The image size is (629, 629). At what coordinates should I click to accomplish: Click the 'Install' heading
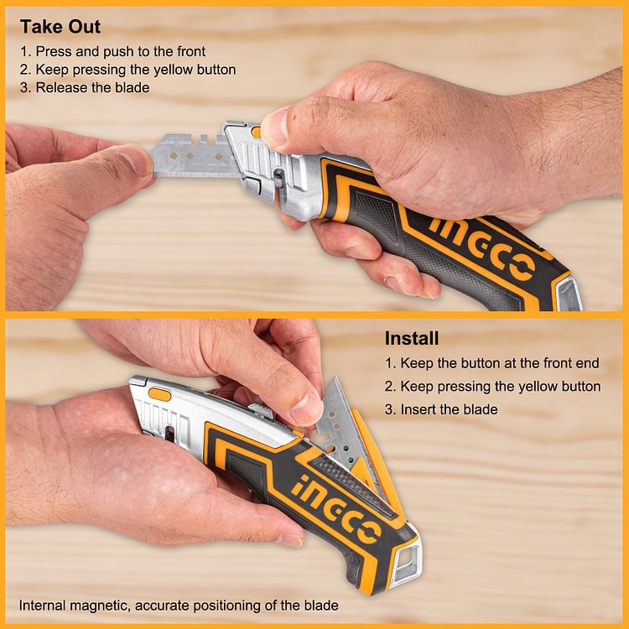click(411, 339)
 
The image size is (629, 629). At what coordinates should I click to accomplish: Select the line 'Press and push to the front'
click(114, 50)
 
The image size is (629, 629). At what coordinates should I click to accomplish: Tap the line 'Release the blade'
click(85, 87)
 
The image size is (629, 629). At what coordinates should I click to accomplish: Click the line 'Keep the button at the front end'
click(492, 363)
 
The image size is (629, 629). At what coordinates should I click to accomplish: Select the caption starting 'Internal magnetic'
click(179, 605)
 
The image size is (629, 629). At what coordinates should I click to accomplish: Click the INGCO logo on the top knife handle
click(482, 248)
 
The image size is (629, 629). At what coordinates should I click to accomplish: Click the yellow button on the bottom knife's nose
click(159, 393)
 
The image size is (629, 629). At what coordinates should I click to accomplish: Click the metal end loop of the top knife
click(568, 294)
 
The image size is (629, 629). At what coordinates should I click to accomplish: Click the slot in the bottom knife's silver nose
click(171, 433)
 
